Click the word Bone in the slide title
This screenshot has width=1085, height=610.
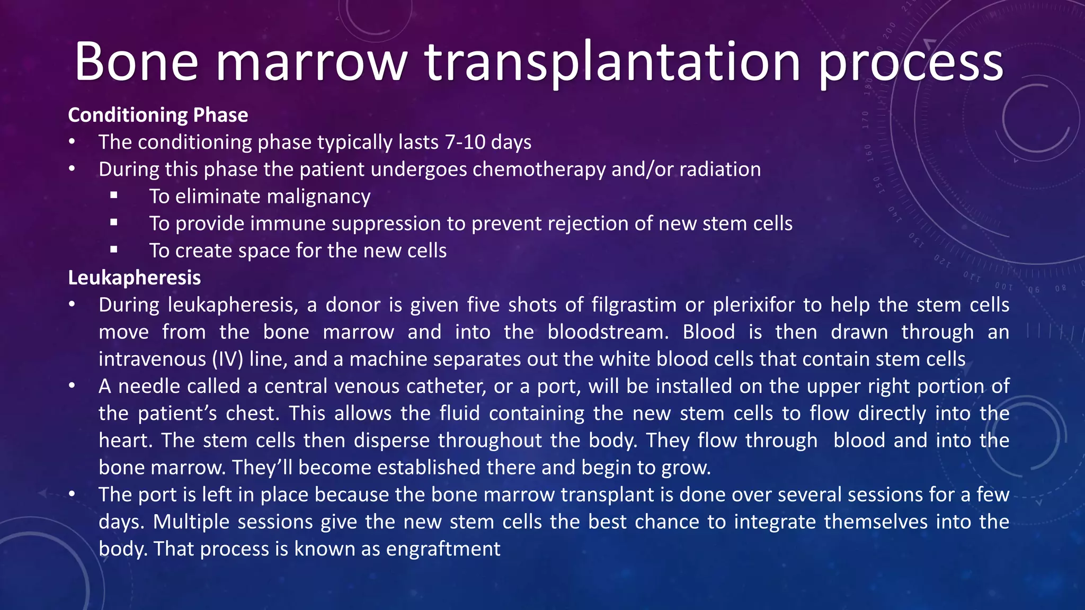[x=136, y=62]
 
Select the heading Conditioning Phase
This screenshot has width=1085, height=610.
[x=158, y=115]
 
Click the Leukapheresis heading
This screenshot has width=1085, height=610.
[x=135, y=277]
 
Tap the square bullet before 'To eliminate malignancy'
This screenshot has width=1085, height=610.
[x=114, y=195]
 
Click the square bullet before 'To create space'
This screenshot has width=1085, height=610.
[x=114, y=249]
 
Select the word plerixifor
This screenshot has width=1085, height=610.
[x=754, y=305]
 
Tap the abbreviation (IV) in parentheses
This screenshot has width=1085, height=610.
[x=228, y=360]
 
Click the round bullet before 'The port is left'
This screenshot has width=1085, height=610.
[x=72, y=494]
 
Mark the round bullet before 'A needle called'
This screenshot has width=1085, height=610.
[x=72, y=386]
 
